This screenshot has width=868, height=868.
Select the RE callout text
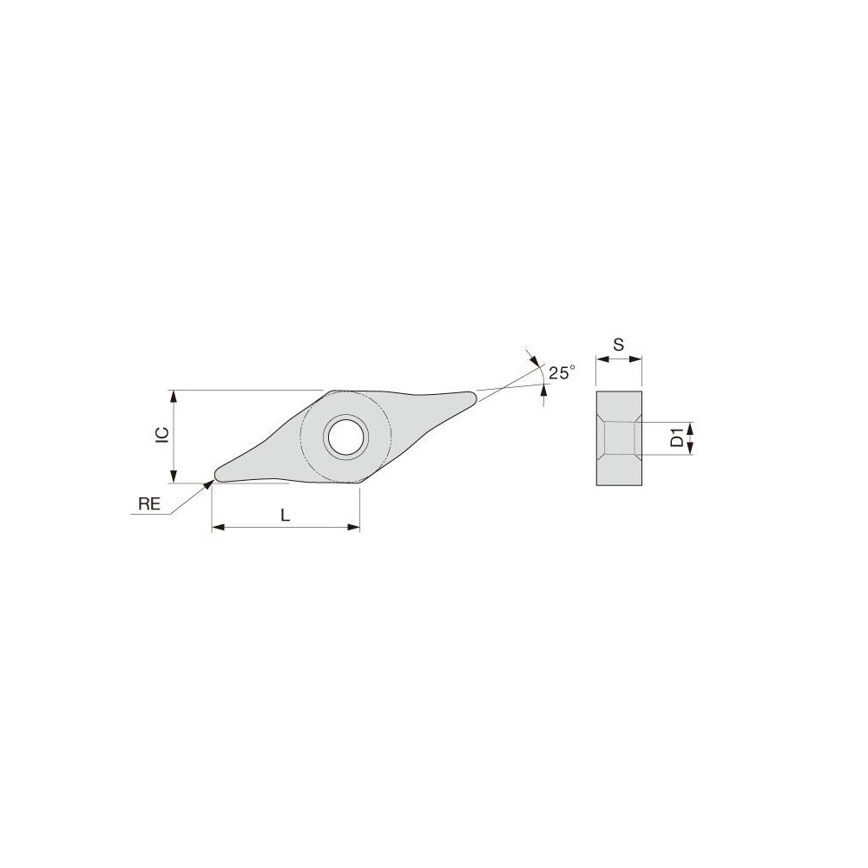pyautogui.click(x=150, y=503)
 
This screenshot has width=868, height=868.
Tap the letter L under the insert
pyautogui.click(x=285, y=515)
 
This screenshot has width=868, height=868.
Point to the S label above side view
pyautogui.click(x=618, y=345)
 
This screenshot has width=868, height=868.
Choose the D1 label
pyautogui.click(x=676, y=438)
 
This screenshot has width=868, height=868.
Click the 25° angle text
pyautogui.click(x=562, y=372)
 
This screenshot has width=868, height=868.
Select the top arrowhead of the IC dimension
pyautogui.click(x=175, y=396)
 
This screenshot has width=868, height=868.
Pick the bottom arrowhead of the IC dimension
pyautogui.click(x=175, y=477)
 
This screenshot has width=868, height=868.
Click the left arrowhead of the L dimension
pyautogui.click(x=218, y=527)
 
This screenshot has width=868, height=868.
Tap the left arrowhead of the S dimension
pyautogui.click(x=601, y=358)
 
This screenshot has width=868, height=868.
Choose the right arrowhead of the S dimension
pyautogui.click(x=636, y=358)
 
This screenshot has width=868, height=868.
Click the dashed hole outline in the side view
pyautogui.click(x=619, y=437)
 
